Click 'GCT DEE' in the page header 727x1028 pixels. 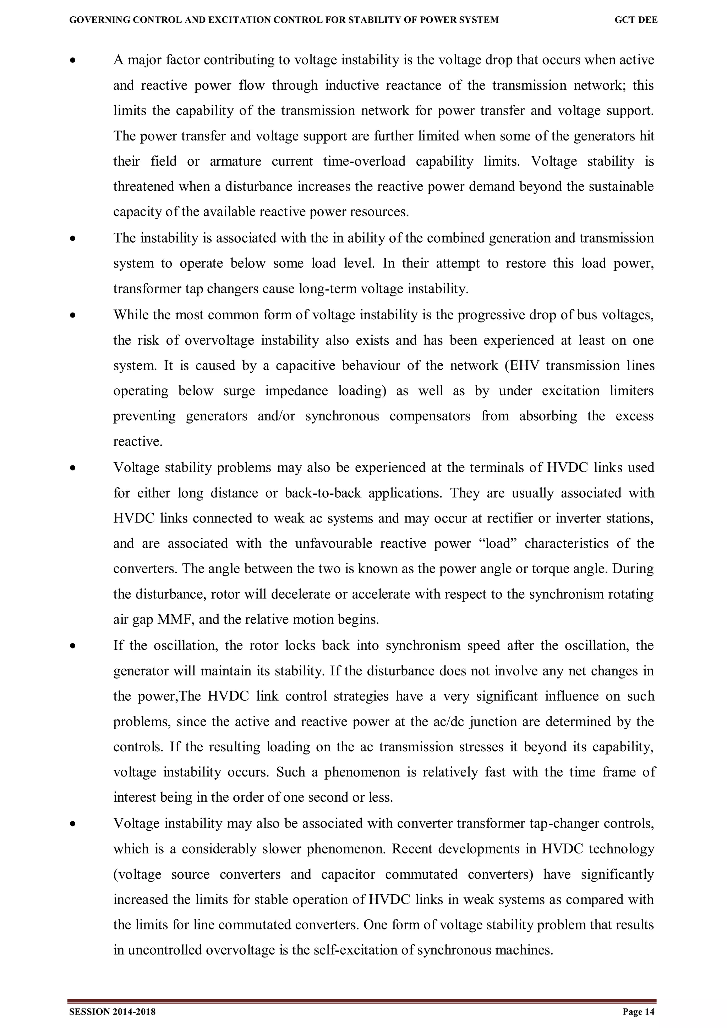tap(636, 20)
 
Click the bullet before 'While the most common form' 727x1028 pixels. tap(72, 316)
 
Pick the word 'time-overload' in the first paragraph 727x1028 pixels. tap(364, 161)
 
